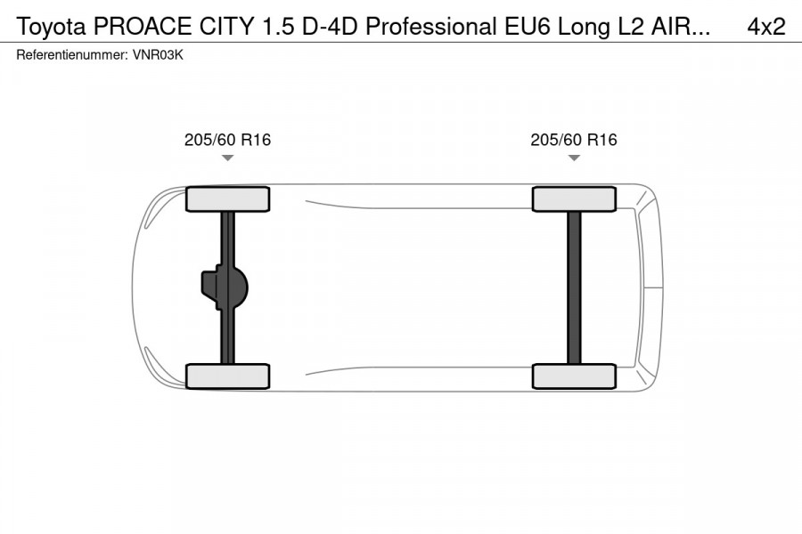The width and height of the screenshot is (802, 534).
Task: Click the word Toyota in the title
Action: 52,27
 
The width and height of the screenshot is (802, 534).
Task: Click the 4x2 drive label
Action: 765,27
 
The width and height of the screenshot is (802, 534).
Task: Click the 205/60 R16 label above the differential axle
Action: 227,140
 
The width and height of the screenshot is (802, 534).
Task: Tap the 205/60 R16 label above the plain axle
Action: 574,140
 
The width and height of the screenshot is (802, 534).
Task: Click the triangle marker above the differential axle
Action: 227,158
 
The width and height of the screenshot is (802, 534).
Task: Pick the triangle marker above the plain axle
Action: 574,158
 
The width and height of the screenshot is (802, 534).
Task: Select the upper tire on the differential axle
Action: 227,199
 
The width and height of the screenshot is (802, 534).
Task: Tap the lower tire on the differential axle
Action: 227,376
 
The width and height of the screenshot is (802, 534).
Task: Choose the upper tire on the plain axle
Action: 574,199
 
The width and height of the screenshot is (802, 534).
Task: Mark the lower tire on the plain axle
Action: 574,376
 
